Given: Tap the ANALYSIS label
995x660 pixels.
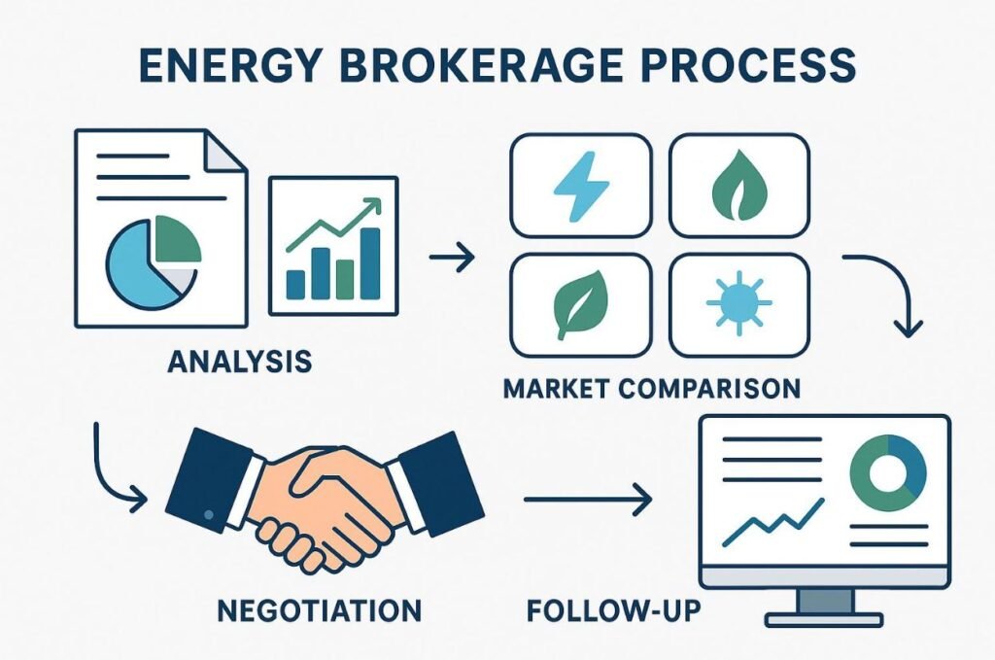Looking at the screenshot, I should tap(239, 363).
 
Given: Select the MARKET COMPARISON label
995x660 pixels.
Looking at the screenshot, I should tap(651, 388).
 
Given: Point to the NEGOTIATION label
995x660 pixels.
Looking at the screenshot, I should tap(319, 610).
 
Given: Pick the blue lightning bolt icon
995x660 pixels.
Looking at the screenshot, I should tap(580, 186).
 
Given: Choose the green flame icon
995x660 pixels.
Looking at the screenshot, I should tap(739, 186).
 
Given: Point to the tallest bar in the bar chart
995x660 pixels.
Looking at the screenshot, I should tap(369, 262).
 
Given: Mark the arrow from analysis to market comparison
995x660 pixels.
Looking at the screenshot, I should tap(450, 258).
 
